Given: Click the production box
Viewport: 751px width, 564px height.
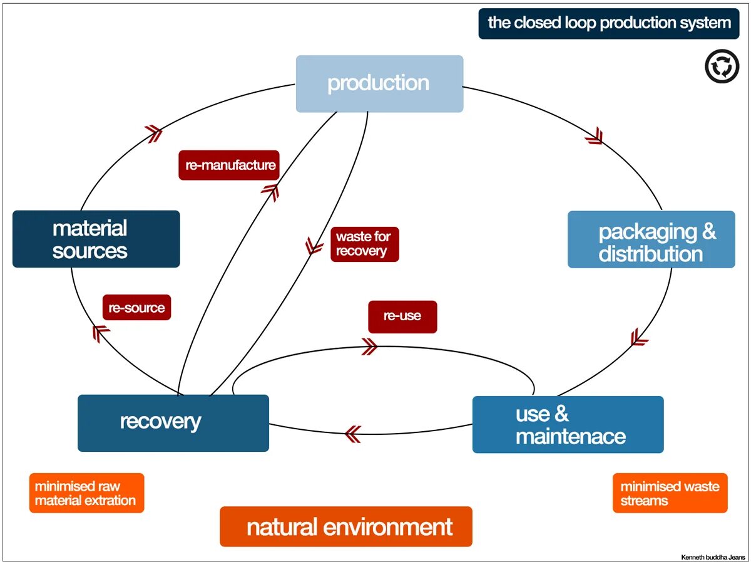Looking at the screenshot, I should [x=379, y=84].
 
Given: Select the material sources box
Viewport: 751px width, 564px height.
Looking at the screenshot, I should [x=96, y=239].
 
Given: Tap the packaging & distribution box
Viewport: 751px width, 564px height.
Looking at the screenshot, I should [x=651, y=239].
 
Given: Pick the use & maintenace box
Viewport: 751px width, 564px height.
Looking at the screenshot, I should [x=568, y=424].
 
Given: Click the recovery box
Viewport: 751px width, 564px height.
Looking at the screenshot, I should [x=173, y=422].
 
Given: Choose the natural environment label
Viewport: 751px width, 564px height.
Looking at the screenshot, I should [x=345, y=526].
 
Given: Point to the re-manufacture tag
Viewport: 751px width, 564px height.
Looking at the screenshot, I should [x=230, y=165].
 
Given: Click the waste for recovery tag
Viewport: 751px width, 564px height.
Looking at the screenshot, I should [x=364, y=244].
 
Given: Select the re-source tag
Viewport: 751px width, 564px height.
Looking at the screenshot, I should [x=136, y=308].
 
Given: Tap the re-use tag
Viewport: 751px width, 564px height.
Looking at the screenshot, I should [x=402, y=316].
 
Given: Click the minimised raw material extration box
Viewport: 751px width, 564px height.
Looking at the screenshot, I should [x=86, y=493].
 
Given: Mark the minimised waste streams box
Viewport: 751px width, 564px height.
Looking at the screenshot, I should [x=670, y=493].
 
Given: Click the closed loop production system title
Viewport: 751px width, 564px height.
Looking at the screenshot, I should [x=608, y=24].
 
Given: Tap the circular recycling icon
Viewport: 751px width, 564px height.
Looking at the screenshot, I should [x=722, y=67].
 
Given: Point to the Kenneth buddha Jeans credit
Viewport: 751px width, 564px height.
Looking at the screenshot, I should [x=713, y=556].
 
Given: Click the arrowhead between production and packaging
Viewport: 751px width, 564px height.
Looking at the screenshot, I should [x=595, y=135].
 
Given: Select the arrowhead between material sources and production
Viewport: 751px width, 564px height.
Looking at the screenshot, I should [x=153, y=133].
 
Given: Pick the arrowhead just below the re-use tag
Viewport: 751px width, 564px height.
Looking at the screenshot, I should [x=369, y=347].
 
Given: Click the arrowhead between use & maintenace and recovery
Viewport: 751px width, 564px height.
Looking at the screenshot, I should [x=353, y=433].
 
